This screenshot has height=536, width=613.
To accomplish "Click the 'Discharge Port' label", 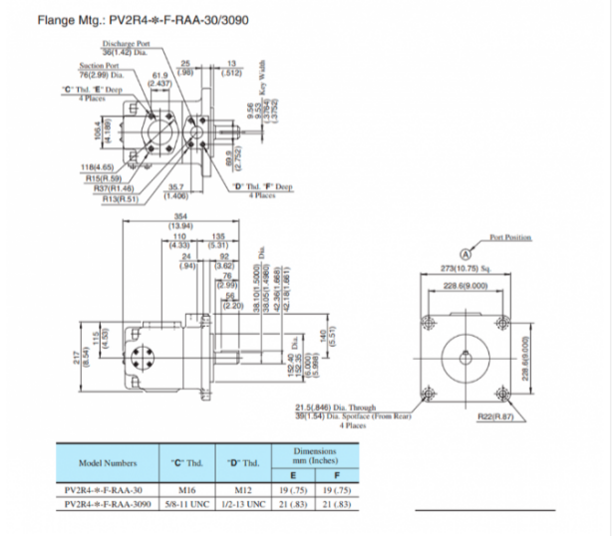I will [125, 43].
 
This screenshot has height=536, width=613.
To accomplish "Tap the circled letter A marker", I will [465, 253].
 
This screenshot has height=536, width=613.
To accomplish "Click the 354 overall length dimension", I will [179, 216].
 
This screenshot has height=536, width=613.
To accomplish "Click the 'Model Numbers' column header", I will [108, 463].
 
